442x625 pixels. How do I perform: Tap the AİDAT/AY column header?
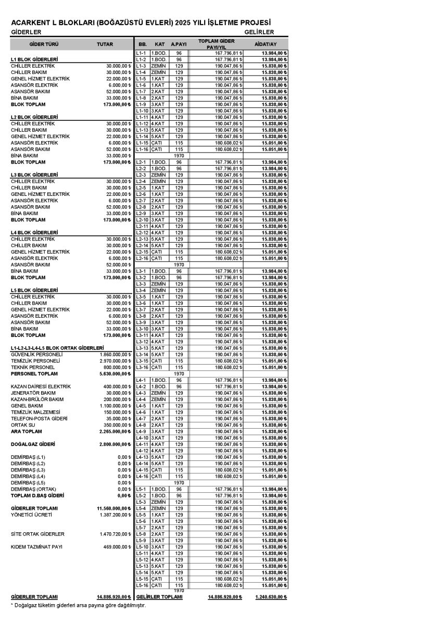266,44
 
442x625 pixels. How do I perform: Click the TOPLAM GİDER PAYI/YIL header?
217,44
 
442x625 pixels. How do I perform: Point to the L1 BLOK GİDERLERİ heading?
34,59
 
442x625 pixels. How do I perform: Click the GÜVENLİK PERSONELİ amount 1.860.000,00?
113,354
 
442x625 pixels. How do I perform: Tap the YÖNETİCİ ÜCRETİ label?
31,515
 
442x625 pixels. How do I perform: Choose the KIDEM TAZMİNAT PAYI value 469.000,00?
115,547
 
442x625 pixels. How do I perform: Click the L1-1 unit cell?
141,53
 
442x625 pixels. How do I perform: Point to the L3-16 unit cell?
142,367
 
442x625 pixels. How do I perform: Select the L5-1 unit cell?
141,489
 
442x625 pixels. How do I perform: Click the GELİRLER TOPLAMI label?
159,597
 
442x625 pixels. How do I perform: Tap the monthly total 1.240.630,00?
271,597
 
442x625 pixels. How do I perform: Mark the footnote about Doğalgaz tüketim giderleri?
78,605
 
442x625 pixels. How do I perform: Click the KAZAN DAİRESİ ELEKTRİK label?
40,386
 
